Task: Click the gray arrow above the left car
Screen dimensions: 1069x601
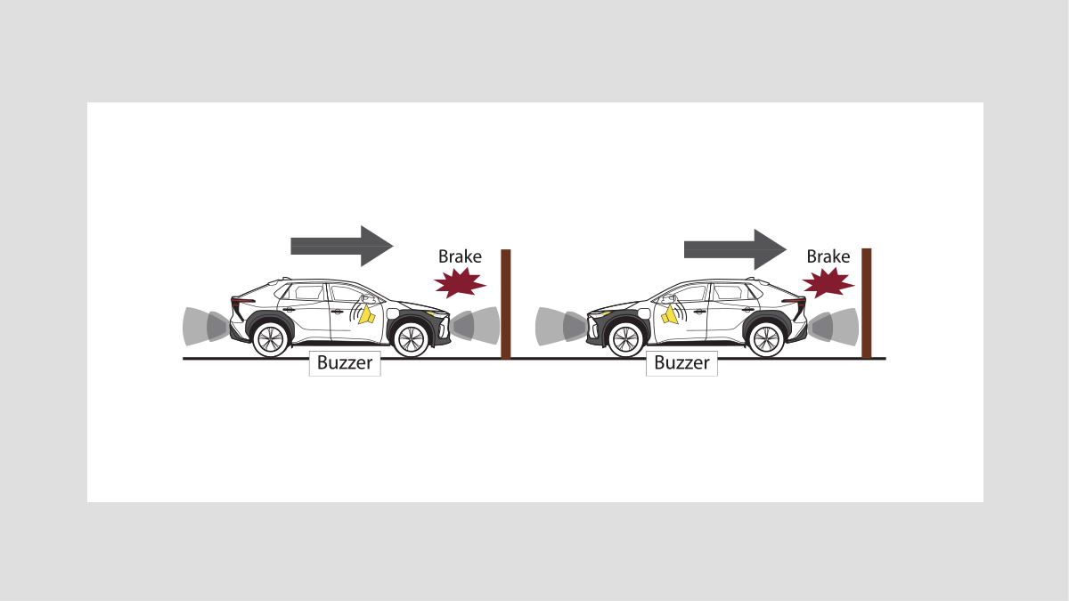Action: coord(342,246)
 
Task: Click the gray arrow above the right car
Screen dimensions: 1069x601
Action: coord(736,249)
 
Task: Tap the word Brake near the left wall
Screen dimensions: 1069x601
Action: coord(460,256)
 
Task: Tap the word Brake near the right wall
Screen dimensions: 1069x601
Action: coord(828,256)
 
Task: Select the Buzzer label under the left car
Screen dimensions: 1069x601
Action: coord(345,363)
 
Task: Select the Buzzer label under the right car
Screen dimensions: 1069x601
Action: coord(681,363)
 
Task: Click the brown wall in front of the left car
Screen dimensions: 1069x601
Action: coord(506,304)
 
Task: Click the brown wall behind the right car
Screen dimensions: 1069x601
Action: coord(866,303)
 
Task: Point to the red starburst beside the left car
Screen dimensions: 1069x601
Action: coord(460,282)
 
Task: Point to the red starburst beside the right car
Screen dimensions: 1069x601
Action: coord(828,282)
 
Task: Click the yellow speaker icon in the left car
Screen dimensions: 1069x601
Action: coord(366,315)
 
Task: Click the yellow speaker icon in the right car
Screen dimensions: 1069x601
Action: coord(670,315)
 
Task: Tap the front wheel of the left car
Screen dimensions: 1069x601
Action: coord(411,339)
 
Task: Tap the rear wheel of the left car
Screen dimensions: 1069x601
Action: coord(271,339)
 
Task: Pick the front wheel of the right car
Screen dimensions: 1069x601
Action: coord(625,339)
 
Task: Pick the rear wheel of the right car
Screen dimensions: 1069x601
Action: coord(766,339)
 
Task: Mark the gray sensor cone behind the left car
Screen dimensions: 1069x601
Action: coord(205,326)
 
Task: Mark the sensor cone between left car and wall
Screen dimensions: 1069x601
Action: coord(476,326)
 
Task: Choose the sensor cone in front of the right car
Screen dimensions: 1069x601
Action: coord(561,326)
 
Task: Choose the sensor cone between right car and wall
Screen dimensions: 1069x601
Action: coord(833,327)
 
